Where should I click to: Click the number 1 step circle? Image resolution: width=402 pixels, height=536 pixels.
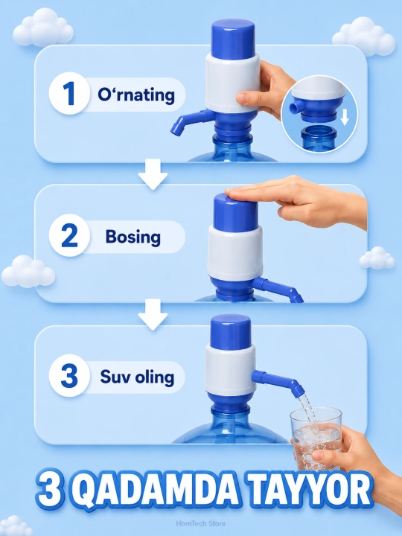[69, 93]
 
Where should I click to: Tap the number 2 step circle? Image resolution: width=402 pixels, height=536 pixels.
[69, 235]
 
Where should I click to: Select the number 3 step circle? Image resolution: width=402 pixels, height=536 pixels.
[69, 376]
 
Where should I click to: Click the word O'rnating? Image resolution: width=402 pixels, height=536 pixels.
[136, 95]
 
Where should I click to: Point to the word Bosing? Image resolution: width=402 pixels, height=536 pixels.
[133, 237]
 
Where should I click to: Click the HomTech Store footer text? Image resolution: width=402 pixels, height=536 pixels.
[201, 523]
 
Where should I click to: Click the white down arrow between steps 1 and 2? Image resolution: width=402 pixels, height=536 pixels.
[153, 174]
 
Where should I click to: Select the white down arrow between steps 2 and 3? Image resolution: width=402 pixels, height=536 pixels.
[153, 314]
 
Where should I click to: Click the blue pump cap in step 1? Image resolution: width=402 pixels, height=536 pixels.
[233, 36]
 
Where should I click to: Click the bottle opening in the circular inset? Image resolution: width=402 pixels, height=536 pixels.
[319, 130]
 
